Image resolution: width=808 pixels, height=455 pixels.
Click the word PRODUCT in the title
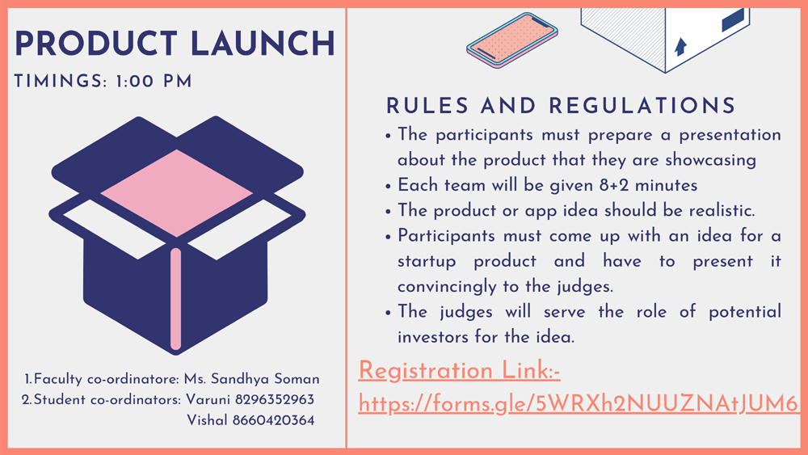pos(96,44)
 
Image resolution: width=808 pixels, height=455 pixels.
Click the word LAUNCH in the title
pos(263,44)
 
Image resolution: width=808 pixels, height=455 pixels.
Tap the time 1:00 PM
pos(154,82)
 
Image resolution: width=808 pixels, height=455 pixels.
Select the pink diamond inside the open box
pos(177,193)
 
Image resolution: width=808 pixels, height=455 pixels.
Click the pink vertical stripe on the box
pos(175,299)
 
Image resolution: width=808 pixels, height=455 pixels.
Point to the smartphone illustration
pos(512,40)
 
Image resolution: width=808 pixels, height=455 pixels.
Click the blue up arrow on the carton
pos(680,46)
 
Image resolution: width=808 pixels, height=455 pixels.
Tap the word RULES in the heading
pos(427,106)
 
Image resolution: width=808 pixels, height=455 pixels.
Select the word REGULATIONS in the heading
pos(642,106)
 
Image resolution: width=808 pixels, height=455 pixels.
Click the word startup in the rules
pos(427,262)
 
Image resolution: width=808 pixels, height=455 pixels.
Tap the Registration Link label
pos(459,371)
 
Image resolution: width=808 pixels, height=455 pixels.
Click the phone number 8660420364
pos(274,420)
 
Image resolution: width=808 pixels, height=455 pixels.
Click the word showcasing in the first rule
pos(710,160)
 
